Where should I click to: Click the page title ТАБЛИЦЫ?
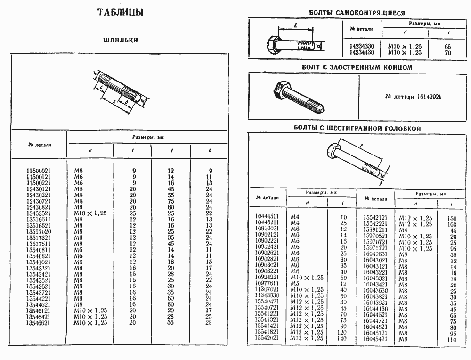point(121,13)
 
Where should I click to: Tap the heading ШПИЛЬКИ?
point(121,40)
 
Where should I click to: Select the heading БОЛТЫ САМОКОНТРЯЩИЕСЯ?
point(357,13)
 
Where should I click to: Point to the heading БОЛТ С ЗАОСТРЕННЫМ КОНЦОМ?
point(357,67)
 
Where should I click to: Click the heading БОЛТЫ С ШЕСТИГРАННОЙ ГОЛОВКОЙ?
point(357,128)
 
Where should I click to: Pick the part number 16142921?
point(413,97)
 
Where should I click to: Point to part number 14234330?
point(362,47)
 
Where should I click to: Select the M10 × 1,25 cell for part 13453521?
point(90,213)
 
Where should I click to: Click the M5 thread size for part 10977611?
point(295,284)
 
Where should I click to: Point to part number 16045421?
point(375,339)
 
